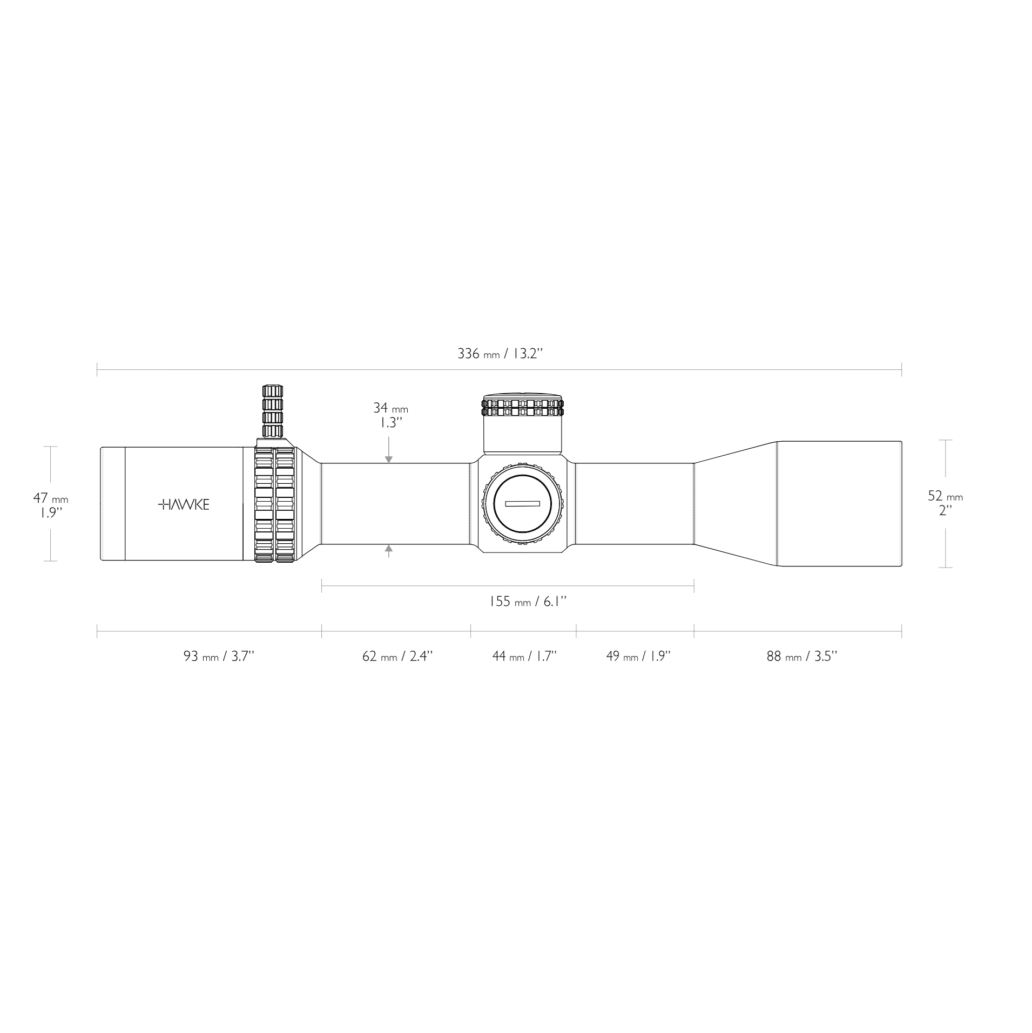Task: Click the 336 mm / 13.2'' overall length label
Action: pyautogui.click(x=500, y=354)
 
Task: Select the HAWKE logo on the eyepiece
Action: pyautogui.click(x=184, y=505)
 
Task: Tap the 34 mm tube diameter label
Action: pyautogui.click(x=390, y=415)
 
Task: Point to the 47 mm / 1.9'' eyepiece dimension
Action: pyautogui.click(x=50, y=504)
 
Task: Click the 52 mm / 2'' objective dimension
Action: pyautogui.click(x=945, y=503)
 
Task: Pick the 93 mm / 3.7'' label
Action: pyautogui.click(x=219, y=657)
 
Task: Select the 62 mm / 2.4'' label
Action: pyautogui.click(x=397, y=657)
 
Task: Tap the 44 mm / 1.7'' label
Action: pyautogui.click(x=524, y=657)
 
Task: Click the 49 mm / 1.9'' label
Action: pyautogui.click(x=638, y=657)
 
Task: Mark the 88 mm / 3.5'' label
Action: pyautogui.click(x=801, y=657)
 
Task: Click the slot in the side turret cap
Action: pyautogui.click(x=522, y=504)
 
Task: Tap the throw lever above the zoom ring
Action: pyautogui.click(x=272, y=411)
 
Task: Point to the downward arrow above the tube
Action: pyautogui.click(x=388, y=459)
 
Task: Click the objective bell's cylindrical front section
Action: pyautogui.click(x=839, y=504)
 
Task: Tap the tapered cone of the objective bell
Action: pyautogui.click(x=734, y=504)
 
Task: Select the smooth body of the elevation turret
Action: pyautogui.click(x=522, y=435)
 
